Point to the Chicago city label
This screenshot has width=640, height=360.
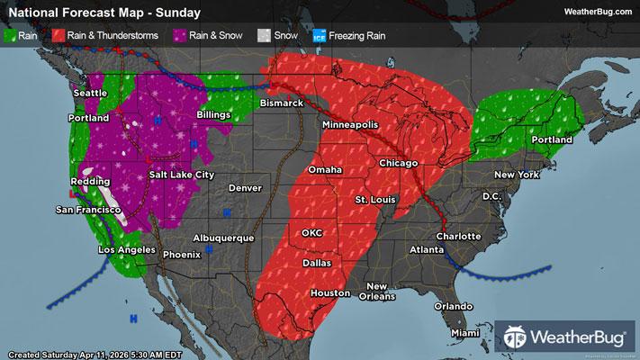(x=400, y=163)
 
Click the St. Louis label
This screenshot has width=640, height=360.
(x=374, y=198)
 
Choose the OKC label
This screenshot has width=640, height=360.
(x=311, y=233)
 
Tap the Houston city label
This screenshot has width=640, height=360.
(x=329, y=293)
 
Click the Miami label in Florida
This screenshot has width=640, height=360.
(x=465, y=333)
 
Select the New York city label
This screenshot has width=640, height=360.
(x=516, y=174)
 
